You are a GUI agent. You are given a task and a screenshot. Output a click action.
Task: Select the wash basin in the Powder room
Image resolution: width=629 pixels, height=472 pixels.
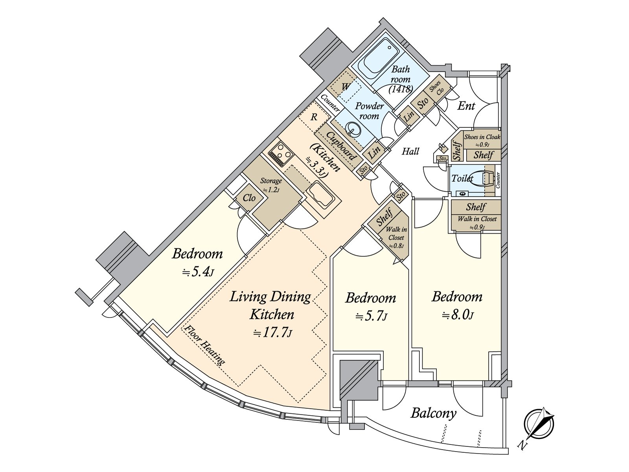pyautogui.click(x=353, y=129)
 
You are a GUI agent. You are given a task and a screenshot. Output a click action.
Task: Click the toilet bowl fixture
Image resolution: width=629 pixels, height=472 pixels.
pyautogui.click(x=483, y=178)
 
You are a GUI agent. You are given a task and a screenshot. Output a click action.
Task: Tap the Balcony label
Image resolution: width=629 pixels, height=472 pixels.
pyautogui.click(x=433, y=413)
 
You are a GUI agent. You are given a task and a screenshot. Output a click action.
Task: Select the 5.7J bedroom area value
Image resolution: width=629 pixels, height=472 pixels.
pyautogui.click(x=371, y=316)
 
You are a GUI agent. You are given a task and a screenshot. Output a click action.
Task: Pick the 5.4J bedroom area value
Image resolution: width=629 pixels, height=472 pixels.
pyautogui.click(x=197, y=272)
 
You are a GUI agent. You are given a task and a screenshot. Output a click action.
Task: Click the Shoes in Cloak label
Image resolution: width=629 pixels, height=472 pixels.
pyautogui.click(x=482, y=137)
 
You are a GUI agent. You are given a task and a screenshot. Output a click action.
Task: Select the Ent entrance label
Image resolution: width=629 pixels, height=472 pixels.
pyautogui.click(x=466, y=106)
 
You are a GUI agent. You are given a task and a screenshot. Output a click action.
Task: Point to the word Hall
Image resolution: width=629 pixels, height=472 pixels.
pyautogui.click(x=410, y=151)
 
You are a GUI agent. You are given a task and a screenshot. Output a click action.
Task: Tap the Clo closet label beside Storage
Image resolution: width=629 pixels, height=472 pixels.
pyautogui.click(x=249, y=198)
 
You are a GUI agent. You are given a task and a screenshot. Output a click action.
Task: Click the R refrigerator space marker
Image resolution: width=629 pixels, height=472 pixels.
pyautogui.click(x=314, y=117)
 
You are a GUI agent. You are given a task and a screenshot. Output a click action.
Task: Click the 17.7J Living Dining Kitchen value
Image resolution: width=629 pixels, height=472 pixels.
pyautogui.click(x=272, y=333)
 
